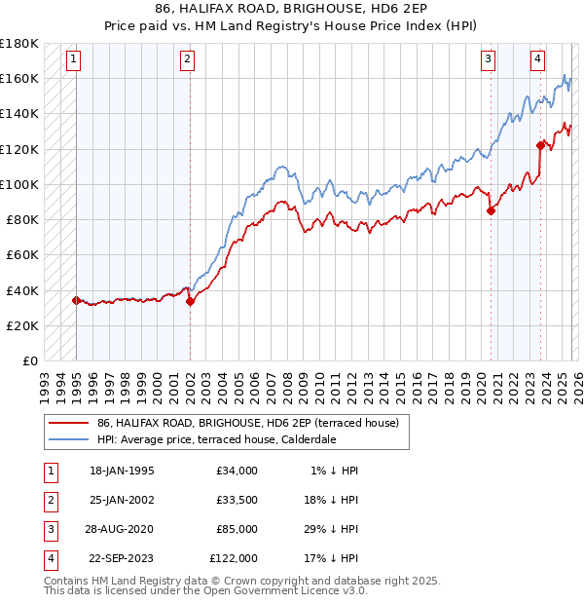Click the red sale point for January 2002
pyautogui.click(x=190, y=301)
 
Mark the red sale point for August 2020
pyautogui.click(x=491, y=209)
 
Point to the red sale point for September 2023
pyautogui.click(x=540, y=145)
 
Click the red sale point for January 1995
pyautogui.click(x=77, y=300)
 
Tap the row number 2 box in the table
pyautogui.click(x=49, y=501)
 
